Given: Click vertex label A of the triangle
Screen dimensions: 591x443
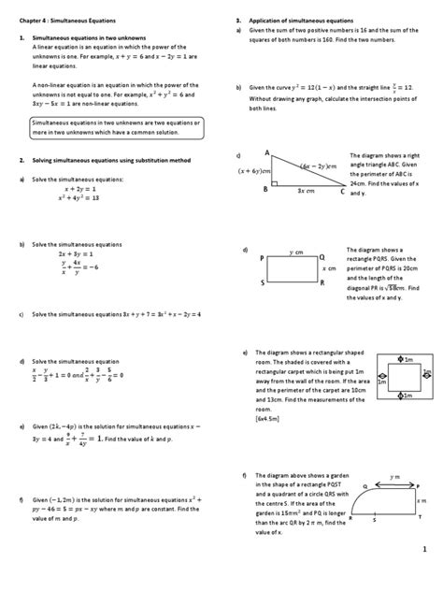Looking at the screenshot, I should pyautogui.click(x=267, y=152).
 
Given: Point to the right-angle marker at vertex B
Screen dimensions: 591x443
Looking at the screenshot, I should pyautogui.click(x=274, y=180).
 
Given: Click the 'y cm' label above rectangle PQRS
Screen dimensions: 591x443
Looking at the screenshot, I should pyautogui.click(x=296, y=251).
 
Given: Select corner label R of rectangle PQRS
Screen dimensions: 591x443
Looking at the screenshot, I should pyautogui.click(x=322, y=281).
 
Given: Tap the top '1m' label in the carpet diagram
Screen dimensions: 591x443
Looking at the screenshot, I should pyautogui.click(x=408, y=357).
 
